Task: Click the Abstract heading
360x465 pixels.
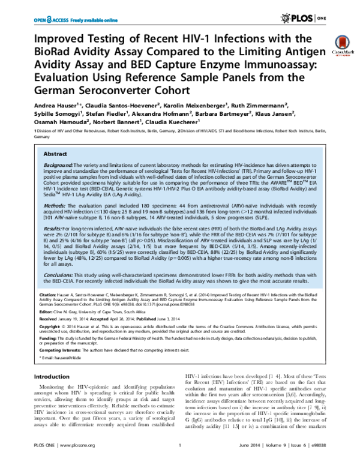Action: click(x=58, y=154)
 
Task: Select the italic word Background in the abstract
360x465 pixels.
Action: click(x=57, y=164)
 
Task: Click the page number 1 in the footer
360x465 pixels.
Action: click(x=180, y=461)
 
